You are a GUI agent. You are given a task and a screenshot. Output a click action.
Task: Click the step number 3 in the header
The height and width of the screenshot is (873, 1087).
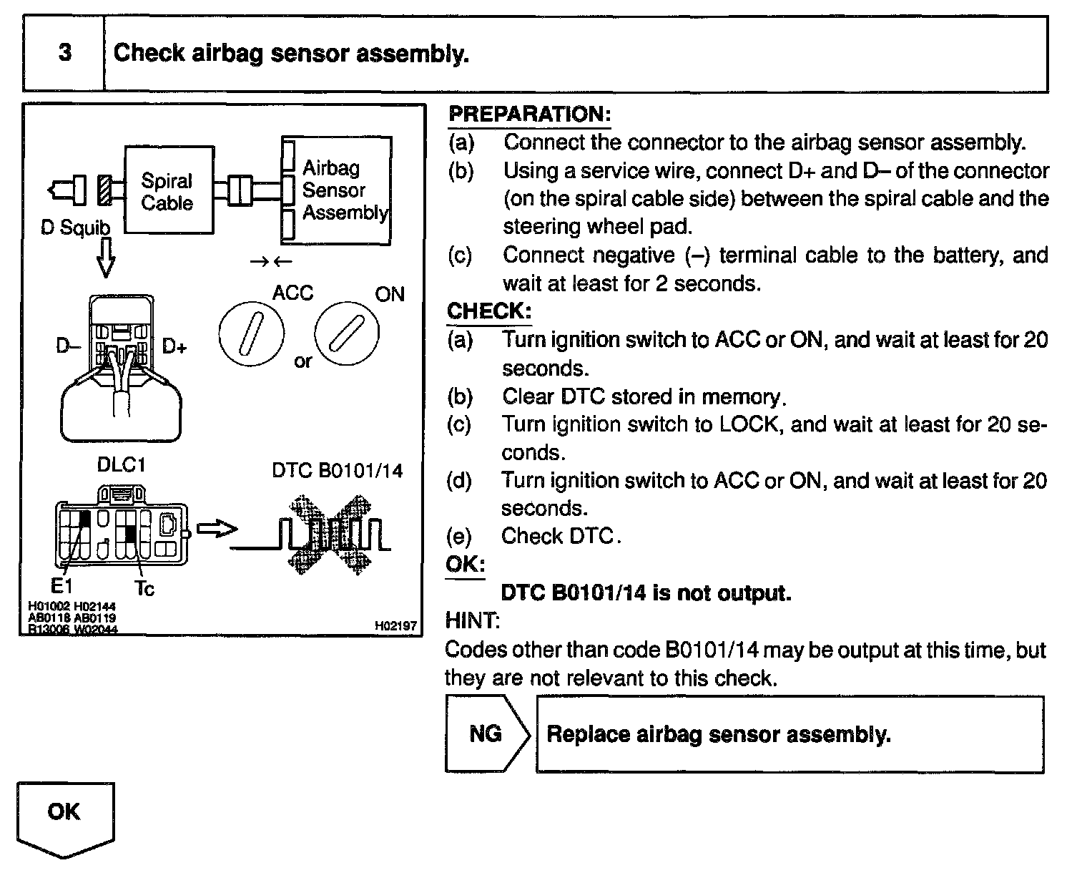point(64,54)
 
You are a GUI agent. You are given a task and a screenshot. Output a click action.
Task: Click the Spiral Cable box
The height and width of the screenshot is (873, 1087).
point(169,190)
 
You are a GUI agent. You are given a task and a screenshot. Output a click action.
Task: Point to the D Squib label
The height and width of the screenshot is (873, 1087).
point(76,228)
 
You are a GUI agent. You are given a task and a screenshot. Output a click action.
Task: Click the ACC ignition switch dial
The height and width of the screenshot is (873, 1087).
point(251,333)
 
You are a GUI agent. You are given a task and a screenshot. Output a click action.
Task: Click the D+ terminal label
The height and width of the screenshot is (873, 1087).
point(174,347)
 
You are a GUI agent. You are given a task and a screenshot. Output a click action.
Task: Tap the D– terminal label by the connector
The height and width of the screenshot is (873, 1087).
point(69,347)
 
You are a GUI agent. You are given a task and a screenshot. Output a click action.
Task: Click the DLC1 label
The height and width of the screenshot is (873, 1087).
point(122,465)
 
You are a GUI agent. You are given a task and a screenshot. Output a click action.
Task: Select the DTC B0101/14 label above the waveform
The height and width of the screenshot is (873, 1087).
point(337,470)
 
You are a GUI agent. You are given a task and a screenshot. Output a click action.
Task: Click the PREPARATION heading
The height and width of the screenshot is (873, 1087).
point(529,114)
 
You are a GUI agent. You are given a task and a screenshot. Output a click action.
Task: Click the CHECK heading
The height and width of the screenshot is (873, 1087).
point(489,311)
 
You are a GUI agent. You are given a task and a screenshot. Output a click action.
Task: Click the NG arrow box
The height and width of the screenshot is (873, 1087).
point(486,734)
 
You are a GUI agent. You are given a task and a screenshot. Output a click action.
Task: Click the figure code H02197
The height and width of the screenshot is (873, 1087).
point(395,626)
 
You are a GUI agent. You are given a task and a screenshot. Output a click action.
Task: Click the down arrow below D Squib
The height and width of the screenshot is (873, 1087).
point(105,258)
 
